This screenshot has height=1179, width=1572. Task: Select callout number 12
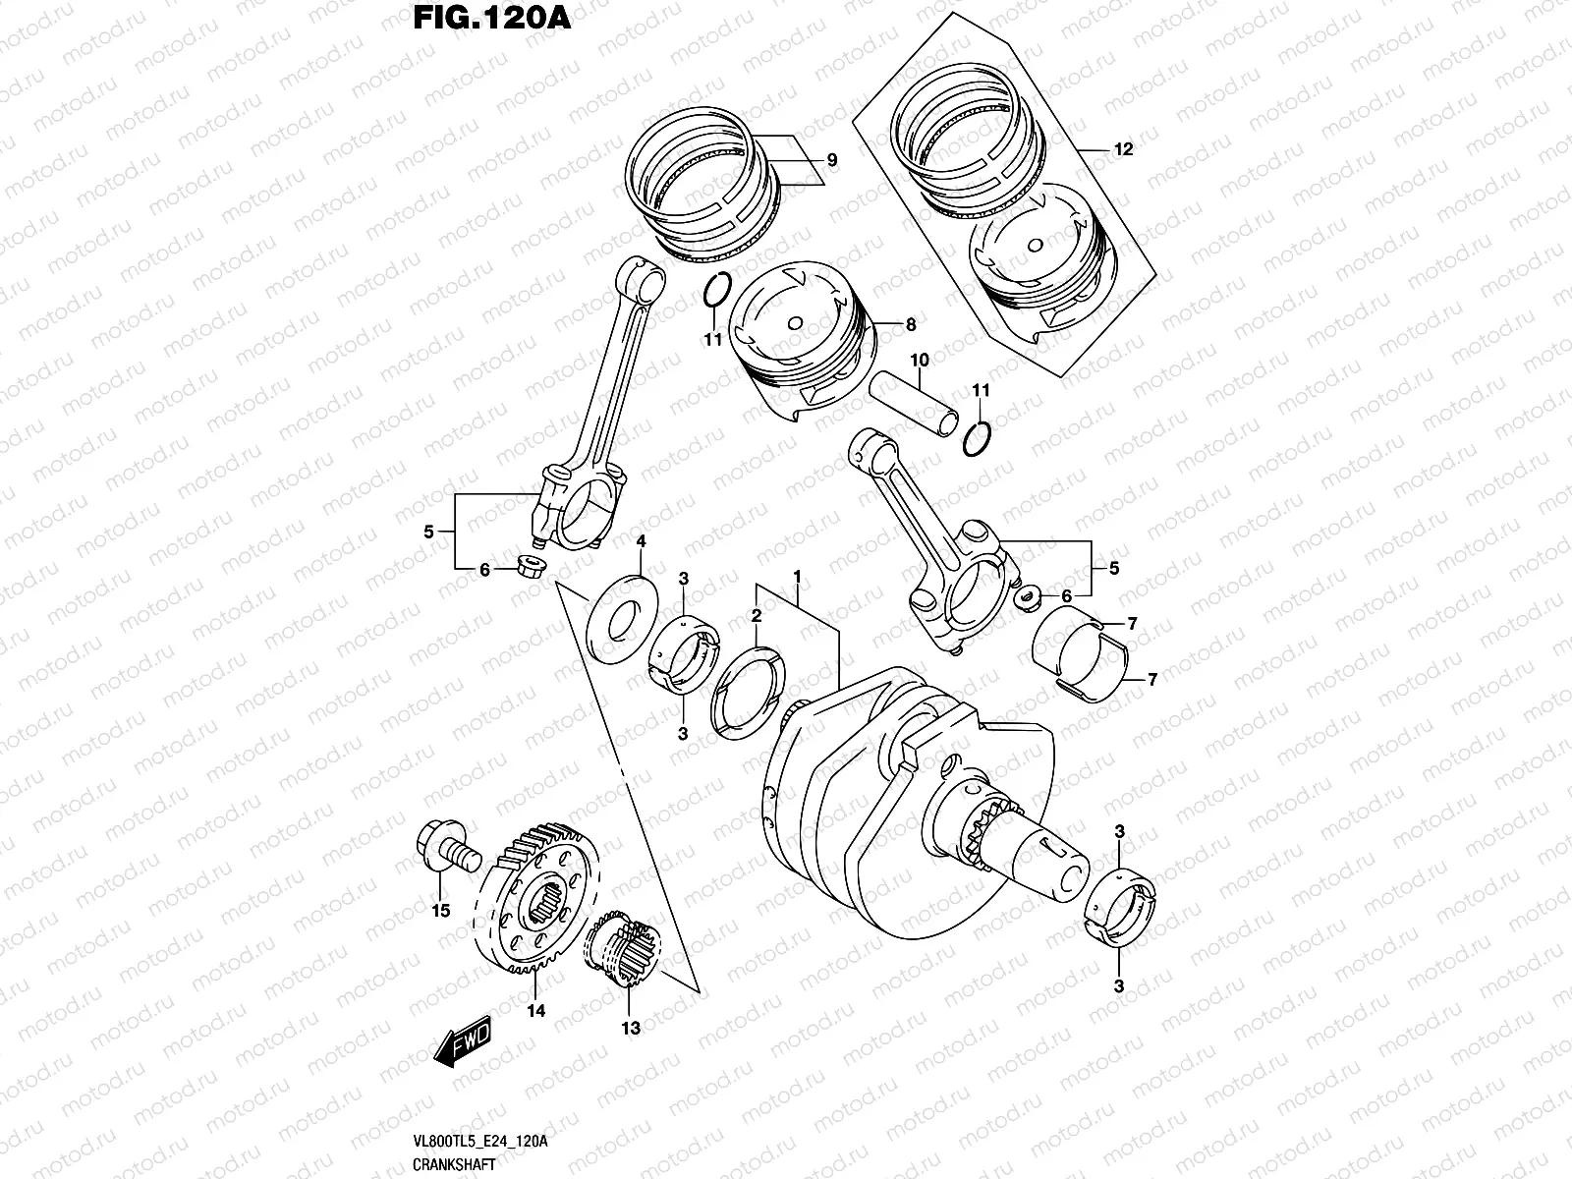pos(1124,149)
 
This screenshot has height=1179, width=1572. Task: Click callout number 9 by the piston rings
pos(831,160)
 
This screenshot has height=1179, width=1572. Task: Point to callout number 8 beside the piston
pos(911,323)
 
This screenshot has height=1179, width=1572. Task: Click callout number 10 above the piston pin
pos(918,360)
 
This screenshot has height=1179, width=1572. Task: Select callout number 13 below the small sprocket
pos(630,1028)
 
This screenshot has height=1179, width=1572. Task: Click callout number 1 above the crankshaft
pos(798,575)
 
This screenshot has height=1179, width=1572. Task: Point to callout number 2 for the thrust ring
pos(756,616)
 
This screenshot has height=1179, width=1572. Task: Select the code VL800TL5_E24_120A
pos(481,1141)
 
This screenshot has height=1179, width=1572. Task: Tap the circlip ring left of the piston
pos(716,291)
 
